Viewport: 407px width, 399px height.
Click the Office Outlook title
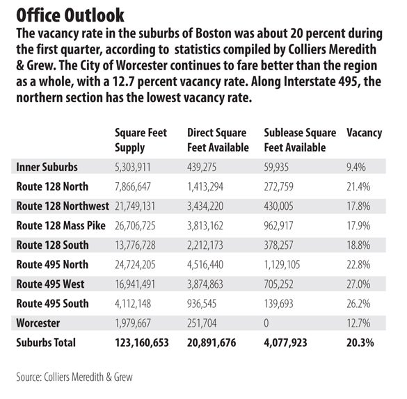click(70, 15)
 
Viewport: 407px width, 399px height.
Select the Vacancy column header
click(364, 133)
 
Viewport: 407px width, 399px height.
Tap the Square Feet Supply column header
click(141, 140)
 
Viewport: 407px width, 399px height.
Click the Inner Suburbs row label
click(47, 167)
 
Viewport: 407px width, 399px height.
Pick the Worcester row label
click(38, 323)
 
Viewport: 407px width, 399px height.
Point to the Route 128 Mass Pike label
click(61, 225)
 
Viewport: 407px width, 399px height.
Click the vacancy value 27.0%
click(358, 284)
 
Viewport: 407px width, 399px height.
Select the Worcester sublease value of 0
click(266, 323)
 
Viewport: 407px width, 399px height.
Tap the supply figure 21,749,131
click(135, 206)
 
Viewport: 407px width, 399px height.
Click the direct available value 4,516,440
click(205, 265)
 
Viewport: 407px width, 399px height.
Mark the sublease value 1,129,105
click(282, 265)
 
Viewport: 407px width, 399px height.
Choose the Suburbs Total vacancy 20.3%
click(360, 343)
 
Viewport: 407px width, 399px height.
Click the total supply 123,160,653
click(142, 343)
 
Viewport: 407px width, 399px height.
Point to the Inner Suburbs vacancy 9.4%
click(356, 168)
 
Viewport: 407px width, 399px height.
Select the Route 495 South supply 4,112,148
click(133, 304)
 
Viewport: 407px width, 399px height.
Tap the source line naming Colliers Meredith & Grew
click(74, 377)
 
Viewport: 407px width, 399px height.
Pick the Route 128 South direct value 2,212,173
click(205, 245)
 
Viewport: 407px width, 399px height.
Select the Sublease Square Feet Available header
click(300, 140)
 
